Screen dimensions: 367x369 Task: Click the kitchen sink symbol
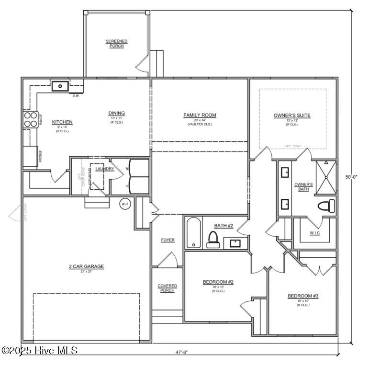[60, 86]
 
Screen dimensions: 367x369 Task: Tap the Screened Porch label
[116, 44]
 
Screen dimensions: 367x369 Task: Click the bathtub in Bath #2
[193, 233]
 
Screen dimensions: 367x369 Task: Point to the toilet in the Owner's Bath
[326, 206]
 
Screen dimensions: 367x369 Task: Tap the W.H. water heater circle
[125, 203]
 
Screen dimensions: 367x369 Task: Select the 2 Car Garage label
[86, 266]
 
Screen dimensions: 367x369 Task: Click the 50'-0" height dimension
[352, 177]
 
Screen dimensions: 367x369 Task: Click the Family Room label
[200, 115]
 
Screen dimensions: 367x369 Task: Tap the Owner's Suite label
[292, 115]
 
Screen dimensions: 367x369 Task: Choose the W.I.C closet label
[314, 233]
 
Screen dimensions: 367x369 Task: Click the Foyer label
[168, 240]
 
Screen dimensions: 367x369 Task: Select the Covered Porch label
[167, 288]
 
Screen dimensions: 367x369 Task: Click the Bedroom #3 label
[302, 296]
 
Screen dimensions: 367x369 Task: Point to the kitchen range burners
[31, 119]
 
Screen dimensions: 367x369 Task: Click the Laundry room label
[104, 169]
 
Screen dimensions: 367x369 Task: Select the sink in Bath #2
[235, 243]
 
